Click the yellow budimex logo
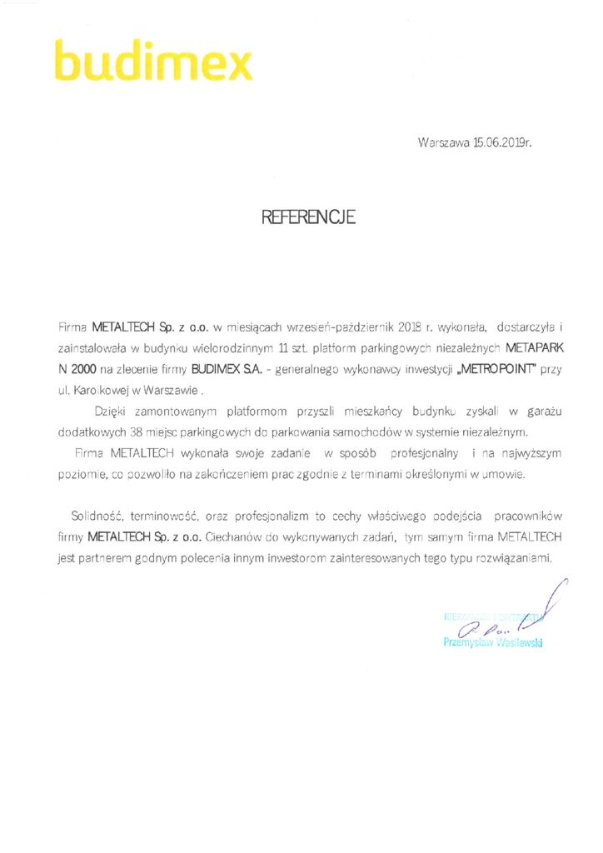coord(153,61)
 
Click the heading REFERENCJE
coord(308,218)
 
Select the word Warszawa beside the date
coord(444,142)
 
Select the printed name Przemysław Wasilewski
coord(492,644)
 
